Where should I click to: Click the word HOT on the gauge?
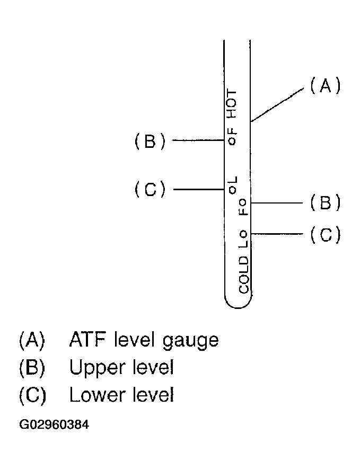[231, 103]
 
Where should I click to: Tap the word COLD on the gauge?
[244, 275]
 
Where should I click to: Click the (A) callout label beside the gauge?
[325, 86]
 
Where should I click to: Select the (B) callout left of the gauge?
[150, 141]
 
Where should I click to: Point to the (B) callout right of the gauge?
[326, 202]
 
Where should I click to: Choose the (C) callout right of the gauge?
[326, 234]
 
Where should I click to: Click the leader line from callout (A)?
[277, 105]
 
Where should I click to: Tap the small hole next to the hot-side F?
[232, 141]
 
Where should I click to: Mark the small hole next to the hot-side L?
[232, 190]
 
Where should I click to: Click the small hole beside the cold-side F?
[243, 202]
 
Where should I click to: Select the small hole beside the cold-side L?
[243, 234]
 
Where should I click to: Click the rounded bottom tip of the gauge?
[238, 308]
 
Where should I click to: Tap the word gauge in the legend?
[191, 341]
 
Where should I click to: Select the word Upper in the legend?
[95, 368]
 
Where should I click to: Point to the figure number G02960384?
[54, 424]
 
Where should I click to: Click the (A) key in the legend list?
[32, 340]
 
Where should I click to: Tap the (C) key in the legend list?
[32, 395]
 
